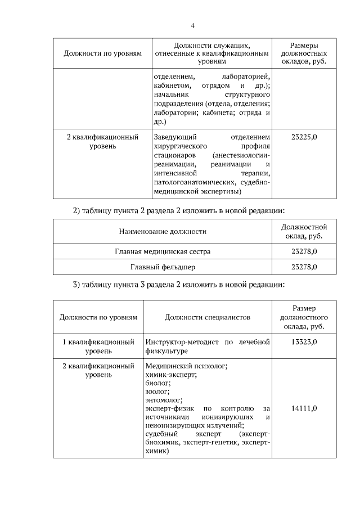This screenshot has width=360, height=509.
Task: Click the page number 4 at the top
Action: coord(192,25)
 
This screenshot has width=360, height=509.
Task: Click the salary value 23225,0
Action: coord(304,137)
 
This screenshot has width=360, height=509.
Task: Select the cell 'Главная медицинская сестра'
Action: coord(163,251)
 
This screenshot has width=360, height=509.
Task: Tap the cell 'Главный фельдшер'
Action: coord(163,267)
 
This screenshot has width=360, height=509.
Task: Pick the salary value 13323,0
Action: coord(304,342)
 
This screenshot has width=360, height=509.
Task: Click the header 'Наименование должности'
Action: coord(163,231)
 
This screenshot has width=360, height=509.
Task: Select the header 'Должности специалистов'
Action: coord(208,317)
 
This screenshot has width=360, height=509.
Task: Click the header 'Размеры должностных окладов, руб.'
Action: coord(304,53)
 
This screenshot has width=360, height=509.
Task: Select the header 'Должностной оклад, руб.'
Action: coord(304,231)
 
